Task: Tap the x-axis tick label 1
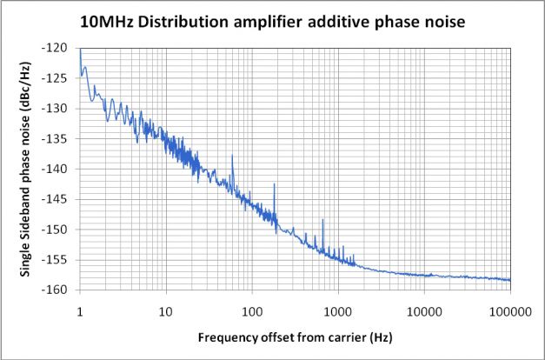coord(80,308)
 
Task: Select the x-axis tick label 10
coord(166,308)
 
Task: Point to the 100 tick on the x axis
coord(252,308)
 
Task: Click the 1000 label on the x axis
coord(338,308)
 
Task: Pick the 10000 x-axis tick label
coord(424,308)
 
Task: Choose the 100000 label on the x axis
coord(509,308)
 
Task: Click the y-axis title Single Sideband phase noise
coord(26,169)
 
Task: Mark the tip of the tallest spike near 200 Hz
coord(274,183)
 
